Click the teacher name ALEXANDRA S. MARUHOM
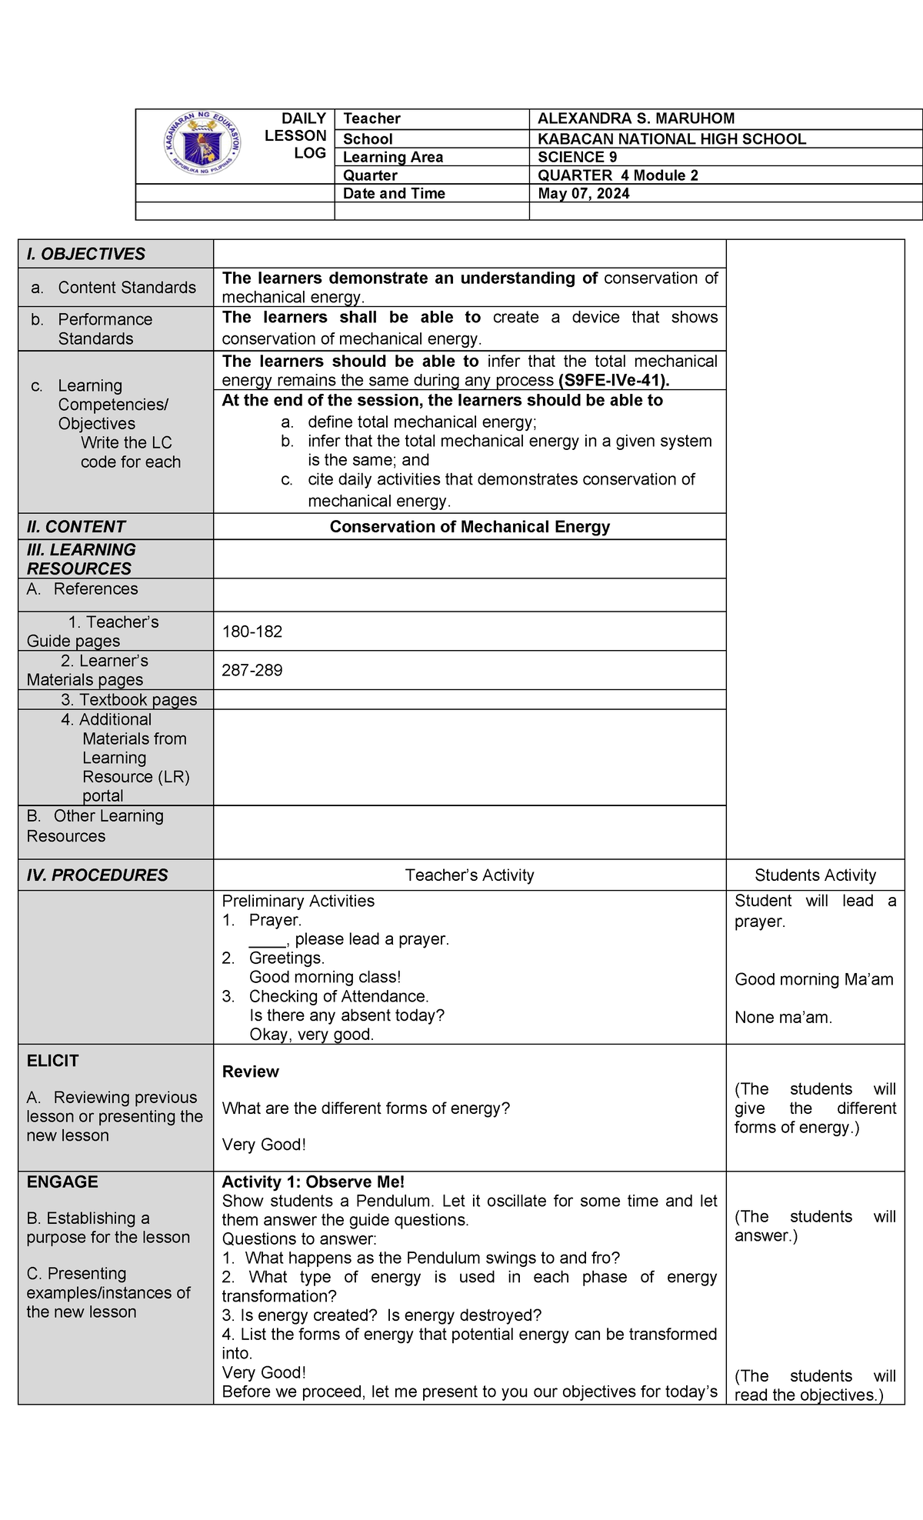click(635, 118)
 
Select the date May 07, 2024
click(583, 194)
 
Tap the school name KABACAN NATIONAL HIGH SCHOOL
click(671, 139)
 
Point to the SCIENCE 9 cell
click(577, 157)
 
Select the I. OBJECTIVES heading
click(85, 254)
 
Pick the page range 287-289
click(252, 671)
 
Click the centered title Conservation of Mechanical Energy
click(469, 527)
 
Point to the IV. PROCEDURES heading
click(97, 875)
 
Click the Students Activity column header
click(815, 875)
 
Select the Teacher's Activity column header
click(469, 875)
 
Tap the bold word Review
click(250, 1072)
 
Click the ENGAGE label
click(62, 1182)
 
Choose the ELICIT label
click(52, 1062)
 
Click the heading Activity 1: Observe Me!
click(312, 1182)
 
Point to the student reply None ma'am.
click(783, 1018)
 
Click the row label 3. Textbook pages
click(128, 700)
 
